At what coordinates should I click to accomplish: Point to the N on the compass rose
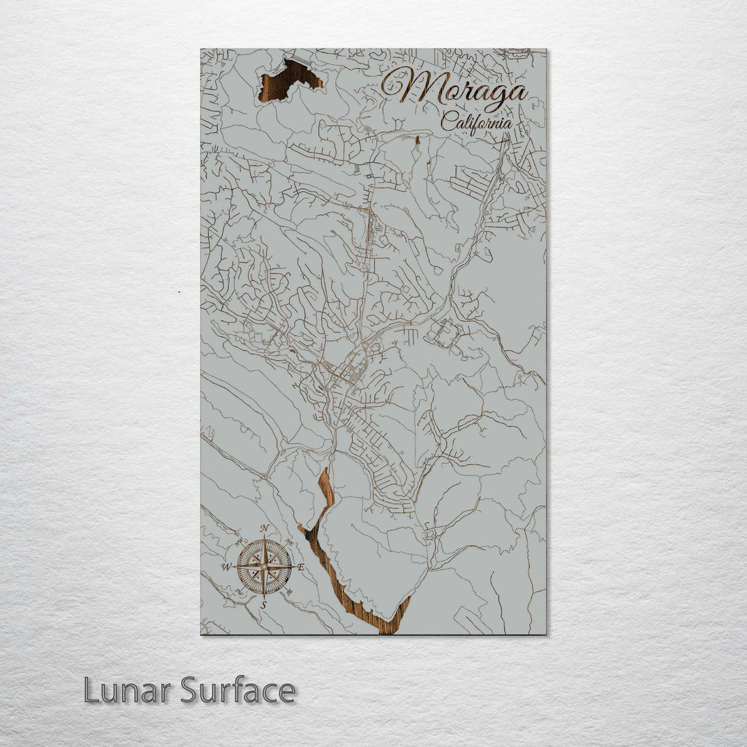264,529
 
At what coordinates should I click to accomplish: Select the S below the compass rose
264,605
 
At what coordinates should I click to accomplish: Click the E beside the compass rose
300,566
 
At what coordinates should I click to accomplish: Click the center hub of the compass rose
264,567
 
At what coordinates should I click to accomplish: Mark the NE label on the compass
290,543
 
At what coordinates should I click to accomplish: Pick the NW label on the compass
237,542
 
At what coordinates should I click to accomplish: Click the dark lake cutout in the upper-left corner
289,80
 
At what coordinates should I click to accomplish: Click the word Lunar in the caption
129,690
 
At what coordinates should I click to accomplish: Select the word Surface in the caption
238,690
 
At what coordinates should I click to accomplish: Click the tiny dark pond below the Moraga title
417,140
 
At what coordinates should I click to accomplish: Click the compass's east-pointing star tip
292,567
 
